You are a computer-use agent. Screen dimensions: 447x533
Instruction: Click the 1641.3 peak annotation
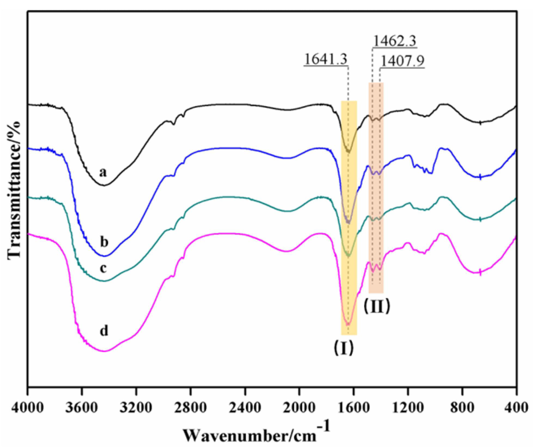point(326,59)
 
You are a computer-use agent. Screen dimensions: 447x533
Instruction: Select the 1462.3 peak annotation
point(395,42)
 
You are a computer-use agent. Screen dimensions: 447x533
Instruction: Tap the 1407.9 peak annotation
point(402,61)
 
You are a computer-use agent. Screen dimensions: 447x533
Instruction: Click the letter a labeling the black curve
point(103,172)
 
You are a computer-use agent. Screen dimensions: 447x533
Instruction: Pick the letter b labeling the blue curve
point(104,242)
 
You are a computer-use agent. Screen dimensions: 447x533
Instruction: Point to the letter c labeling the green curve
point(103,268)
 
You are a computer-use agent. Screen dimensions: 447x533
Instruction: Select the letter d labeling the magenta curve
point(104,331)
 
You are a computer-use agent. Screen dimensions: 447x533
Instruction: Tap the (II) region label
point(377,306)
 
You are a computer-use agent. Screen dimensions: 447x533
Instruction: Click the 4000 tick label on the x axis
point(27,408)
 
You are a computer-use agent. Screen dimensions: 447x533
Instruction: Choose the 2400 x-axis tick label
point(245,408)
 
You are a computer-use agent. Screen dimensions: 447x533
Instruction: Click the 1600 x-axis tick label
point(354,408)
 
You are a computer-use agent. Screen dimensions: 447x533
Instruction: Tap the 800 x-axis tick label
point(462,408)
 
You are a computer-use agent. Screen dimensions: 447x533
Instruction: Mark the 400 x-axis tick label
point(516,408)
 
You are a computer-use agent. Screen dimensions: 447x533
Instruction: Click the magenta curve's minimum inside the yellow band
point(348,324)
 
